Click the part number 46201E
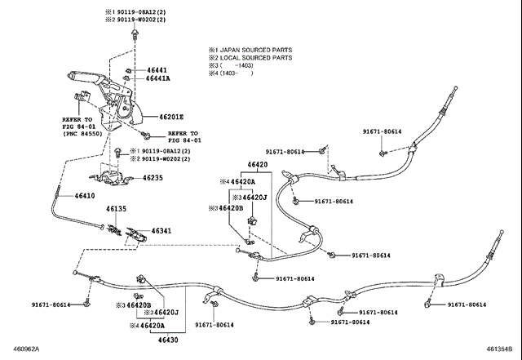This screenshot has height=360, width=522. (x=171, y=117)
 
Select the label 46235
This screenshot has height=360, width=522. (x=153, y=178)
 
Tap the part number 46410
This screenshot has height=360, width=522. (x=85, y=196)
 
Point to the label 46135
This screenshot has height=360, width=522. (x=116, y=209)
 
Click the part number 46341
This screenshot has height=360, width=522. (x=161, y=231)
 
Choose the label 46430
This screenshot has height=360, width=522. (x=168, y=340)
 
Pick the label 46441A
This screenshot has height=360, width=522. (x=157, y=78)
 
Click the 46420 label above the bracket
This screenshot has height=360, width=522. (x=258, y=164)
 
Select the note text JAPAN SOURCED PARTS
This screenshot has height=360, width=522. (x=256, y=50)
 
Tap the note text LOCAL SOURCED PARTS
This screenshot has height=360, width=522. (x=256, y=58)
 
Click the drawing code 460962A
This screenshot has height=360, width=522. (x=26, y=349)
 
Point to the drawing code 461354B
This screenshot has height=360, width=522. (x=499, y=349)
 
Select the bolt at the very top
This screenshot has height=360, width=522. (x=135, y=33)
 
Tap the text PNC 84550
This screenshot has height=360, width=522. (x=82, y=134)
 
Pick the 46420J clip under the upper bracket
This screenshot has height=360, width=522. (x=252, y=220)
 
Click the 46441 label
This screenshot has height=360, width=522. (x=157, y=70)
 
